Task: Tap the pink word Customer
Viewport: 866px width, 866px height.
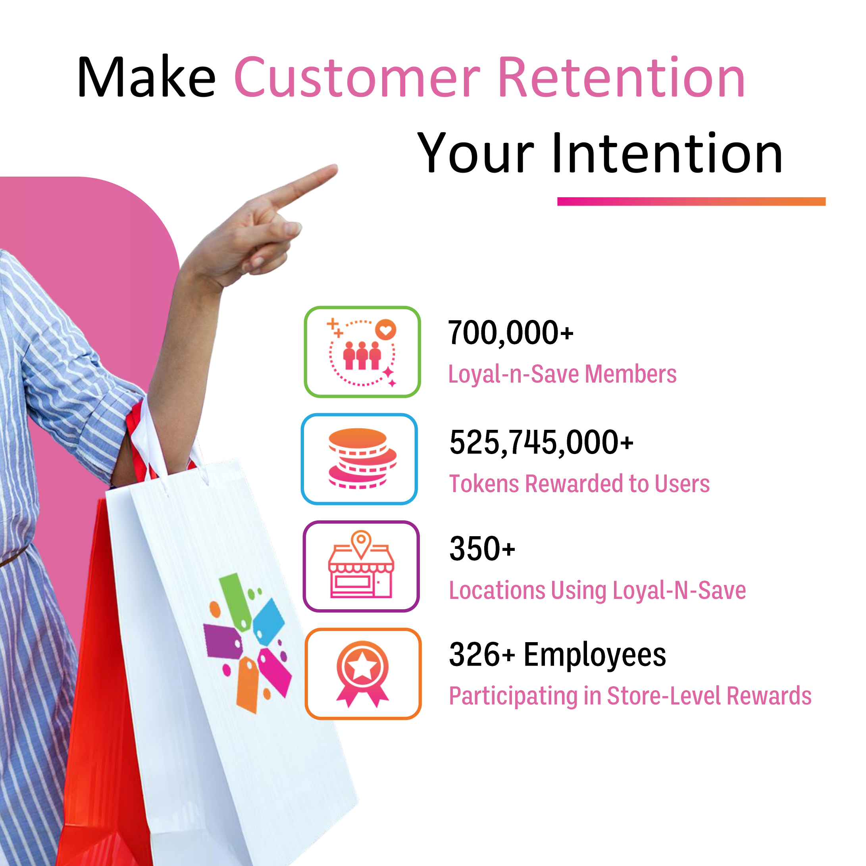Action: click(357, 77)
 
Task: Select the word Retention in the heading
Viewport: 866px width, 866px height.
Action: click(621, 77)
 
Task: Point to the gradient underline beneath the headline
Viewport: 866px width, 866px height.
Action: click(691, 202)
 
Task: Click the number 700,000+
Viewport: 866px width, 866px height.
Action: click(510, 333)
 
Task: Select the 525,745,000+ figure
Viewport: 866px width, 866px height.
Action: click(541, 443)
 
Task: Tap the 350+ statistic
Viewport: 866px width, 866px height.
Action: click(482, 548)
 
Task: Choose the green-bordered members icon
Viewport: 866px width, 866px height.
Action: click(362, 352)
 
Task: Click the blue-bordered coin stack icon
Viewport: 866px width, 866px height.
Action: click(360, 459)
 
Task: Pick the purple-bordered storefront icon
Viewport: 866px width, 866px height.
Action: click(361, 566)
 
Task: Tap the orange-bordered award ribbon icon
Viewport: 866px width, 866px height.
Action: click(363, 674)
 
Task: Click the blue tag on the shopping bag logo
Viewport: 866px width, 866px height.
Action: click(269, 620)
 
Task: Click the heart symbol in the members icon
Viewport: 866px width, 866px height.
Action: click(385, 330)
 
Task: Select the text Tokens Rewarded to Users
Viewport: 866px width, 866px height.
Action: click(579, 484)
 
